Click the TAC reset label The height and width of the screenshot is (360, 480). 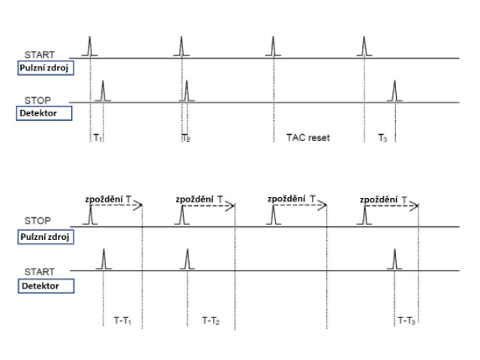coord(307,138)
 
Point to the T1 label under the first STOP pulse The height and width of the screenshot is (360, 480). coord(97,138)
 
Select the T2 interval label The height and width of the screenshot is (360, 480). coord(186,138)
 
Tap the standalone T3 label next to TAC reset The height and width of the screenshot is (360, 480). coord(383,138)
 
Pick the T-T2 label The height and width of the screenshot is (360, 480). coord(212,320)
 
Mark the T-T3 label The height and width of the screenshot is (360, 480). coord(408,320)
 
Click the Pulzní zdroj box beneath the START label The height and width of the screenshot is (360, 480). coord(47,69)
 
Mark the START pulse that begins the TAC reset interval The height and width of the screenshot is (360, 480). coord(273,46)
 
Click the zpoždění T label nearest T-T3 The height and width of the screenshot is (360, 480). coord(384,199)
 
